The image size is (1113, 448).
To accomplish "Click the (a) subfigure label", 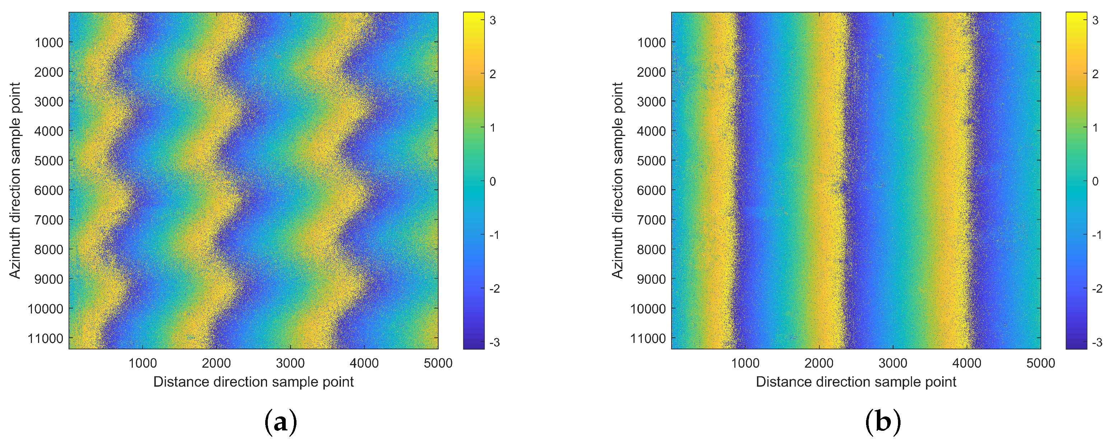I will tap(280, 422).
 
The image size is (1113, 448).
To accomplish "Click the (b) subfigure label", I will tap(883, 422).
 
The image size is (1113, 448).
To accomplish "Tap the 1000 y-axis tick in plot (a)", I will tap(49, 43).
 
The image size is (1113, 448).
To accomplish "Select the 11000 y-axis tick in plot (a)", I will tap(45, 338).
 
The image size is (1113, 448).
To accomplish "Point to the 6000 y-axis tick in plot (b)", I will tap(651, 190).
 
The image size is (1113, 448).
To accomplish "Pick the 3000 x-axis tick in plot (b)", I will tap(893, 363).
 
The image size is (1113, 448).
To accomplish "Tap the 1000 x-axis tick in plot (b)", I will tap(745, 363).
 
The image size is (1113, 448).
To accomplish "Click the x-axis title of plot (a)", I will tap(254, 382).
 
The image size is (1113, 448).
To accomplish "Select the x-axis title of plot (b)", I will tap(856, 382).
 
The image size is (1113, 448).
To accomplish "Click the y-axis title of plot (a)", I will tap(15, 180).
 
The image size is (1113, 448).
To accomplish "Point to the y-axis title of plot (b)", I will tap(617, 180).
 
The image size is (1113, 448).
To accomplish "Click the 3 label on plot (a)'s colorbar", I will tap(492, 20).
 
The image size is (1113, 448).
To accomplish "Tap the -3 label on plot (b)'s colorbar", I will tap(1097, 343).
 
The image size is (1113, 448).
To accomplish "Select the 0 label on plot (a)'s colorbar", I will tap(492, 181).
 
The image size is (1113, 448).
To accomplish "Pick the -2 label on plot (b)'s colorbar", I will tap(1097, 289).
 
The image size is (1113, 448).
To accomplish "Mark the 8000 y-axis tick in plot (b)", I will tap(651, 249).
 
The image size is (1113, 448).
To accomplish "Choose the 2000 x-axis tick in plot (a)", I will tap(216, 363).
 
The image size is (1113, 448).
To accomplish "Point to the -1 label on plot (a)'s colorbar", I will tap(495, 235).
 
